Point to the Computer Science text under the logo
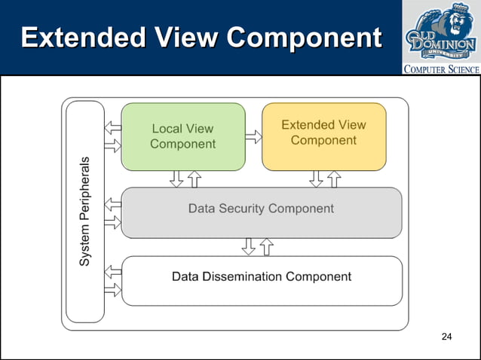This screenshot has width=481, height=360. pyautogui.click(x=442, y=69)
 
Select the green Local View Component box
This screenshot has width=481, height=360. pyautogui.click(x=183, y=136)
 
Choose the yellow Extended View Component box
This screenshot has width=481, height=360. pyautogui.click(x=323, y=136)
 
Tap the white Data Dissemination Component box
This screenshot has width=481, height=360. pyautogui.click(x=261, y=280)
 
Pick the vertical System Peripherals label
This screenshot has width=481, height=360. pyautogui.click(x=85, y=211)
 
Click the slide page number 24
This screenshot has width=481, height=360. pyautogui.click(x=446, y=336)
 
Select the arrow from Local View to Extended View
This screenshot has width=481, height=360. pyautogui.click(x=253, y=137)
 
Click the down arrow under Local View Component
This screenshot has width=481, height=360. pyautogui.click(x=176, y=179)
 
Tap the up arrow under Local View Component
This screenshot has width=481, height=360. pyautogui.click(x=194, y=179)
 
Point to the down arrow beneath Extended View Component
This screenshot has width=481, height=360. pyautogui.click(x=317, y=179)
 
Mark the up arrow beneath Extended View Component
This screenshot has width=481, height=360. pyautogui.click(x=334, y=179)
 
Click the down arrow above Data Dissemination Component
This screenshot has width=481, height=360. pyautogui.click(x=248, y=246)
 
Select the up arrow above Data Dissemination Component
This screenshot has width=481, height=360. pyautogui.click(x=265, y=246)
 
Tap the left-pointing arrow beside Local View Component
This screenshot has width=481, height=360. pyautogui.click(x=112, y=127)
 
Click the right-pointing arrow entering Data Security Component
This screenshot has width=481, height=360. pyautogui.click(x=112, y=222)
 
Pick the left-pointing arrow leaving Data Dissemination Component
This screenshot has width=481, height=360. pyautogui.click(x=112, y=272)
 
